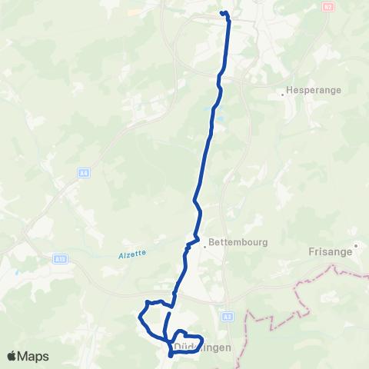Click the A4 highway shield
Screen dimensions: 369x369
tap(83, 174)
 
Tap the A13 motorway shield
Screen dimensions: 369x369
tap(60, 260)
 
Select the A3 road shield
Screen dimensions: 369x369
tap(227, 316)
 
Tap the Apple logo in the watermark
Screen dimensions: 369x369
tap(12, 356)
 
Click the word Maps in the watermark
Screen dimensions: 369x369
tap(34, 356)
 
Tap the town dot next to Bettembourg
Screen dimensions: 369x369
tap(205, 247)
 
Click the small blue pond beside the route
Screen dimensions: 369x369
tap(220, 120)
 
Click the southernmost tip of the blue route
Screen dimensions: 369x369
tap(169, 356)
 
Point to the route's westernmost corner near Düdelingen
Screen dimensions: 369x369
tap(139, 316)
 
